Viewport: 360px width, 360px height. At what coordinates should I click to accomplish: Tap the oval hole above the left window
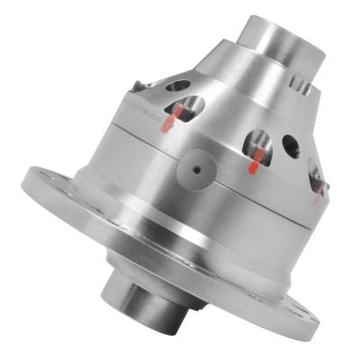(x=178, y=86)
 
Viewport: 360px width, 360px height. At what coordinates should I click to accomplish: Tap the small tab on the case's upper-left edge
(x=134, y=85)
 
